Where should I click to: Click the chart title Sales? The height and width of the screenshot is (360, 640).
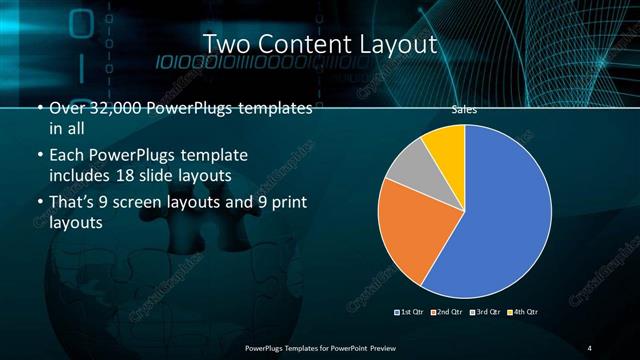tap(464, 111)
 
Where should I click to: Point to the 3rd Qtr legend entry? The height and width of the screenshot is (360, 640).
tap(487, 312)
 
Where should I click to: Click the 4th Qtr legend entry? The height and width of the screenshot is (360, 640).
tap(524, 312)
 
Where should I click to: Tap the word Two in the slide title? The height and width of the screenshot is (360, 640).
tap(226, 44)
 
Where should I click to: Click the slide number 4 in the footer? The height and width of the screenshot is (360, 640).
tap(590, 347)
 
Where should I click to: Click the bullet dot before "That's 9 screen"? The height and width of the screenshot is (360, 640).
tap(39, 205)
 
